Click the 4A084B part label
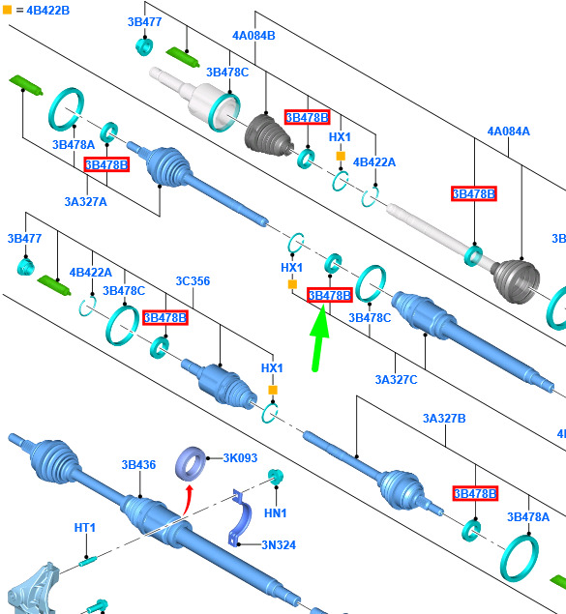coord(253,36)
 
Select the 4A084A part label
coord(508,132)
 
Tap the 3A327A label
coord(85,202)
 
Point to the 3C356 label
coord(193,280)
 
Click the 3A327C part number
coord(396,379)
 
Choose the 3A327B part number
coord(444,419)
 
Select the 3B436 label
coord(138,465)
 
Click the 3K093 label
coord(240,457)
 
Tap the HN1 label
coord(276,513)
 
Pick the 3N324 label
coord(279,544)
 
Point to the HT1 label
coord(84,528)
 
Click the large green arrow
coord(319,337)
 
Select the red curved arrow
coord(188,499)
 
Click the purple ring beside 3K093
coord(191,463)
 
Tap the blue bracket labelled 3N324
coord(241,517)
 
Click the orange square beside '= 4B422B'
coord(7,10)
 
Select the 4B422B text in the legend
coord(47,11)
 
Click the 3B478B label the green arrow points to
coord(330,295)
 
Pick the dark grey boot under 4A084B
coord(269,134)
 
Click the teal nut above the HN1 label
coord(276,476)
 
